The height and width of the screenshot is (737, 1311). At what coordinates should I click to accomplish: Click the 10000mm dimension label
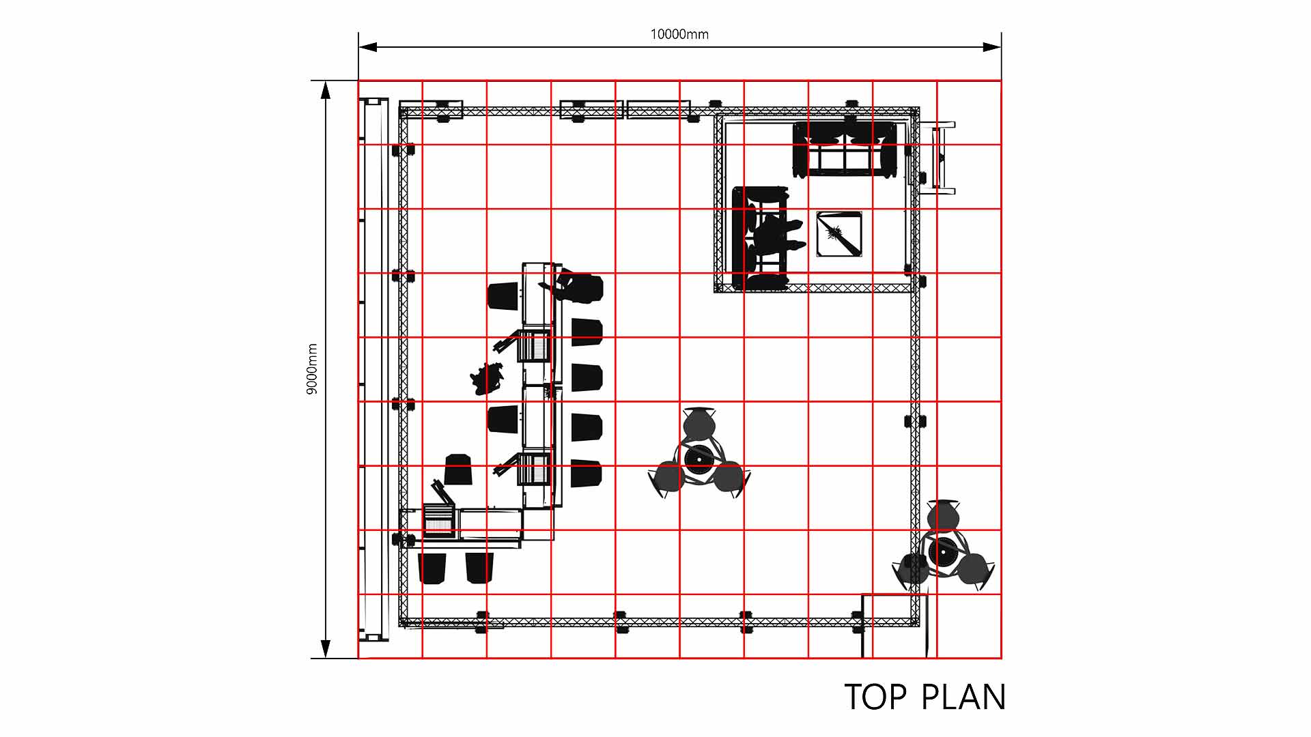679,34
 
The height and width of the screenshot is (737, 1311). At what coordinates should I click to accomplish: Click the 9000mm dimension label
312,369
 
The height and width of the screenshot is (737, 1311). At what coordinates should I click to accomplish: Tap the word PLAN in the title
963,697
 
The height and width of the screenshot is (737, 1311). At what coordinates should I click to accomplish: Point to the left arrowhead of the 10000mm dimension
368,47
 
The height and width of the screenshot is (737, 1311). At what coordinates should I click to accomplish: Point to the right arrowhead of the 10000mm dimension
992,47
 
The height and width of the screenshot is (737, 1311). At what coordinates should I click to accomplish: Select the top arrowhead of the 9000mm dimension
326,90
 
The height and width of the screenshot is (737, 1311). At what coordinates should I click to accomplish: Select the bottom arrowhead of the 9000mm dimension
326,649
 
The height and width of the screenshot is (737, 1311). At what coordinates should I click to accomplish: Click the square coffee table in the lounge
839,234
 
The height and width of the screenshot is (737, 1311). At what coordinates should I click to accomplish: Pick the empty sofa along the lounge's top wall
845,149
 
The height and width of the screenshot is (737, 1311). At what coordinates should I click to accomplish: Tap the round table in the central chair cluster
699,459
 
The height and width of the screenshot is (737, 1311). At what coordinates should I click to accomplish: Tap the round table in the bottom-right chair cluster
943,551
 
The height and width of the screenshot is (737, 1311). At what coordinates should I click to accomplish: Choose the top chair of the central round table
699,422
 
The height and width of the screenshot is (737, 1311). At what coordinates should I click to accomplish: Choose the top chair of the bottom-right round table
943,515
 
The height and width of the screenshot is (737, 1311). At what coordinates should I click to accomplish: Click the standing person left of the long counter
487,379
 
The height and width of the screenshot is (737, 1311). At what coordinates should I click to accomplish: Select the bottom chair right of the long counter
586,473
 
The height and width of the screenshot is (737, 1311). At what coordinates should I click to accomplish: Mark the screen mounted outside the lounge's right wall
938,158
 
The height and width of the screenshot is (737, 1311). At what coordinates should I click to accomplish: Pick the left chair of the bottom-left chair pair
432,568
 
